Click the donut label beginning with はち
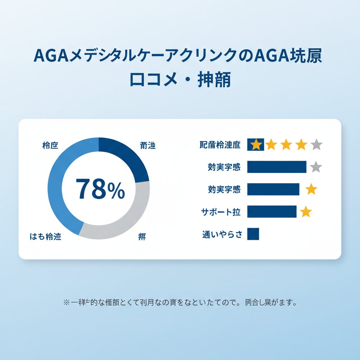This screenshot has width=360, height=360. (x=45, y=237)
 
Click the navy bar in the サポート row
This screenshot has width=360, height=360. (x=272, y=212)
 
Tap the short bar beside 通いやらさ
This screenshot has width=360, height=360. (x=253, y=234)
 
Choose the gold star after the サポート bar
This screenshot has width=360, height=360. (x=306, y=212)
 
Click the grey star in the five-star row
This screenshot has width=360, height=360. (x=316, y=144)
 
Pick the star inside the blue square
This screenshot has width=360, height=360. (x=256, y=144)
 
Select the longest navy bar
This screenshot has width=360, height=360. (x=277, y=167)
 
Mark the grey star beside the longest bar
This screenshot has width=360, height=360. (x=316, y=167)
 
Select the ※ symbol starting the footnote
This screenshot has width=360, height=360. (x=66, y=302)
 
